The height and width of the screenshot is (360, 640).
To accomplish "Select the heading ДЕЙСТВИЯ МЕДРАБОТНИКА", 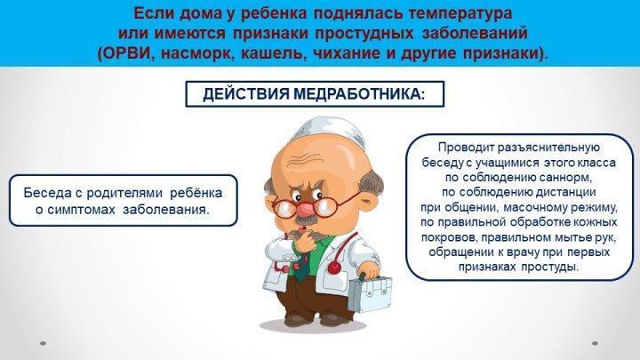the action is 314,94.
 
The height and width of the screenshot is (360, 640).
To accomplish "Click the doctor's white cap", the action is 329,131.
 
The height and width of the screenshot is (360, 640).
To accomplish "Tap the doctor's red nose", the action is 304,210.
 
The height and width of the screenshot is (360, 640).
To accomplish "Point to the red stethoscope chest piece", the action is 335,268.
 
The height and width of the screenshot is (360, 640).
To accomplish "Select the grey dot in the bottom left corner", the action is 43,343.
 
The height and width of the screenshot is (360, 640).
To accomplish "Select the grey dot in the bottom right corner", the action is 595,343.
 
